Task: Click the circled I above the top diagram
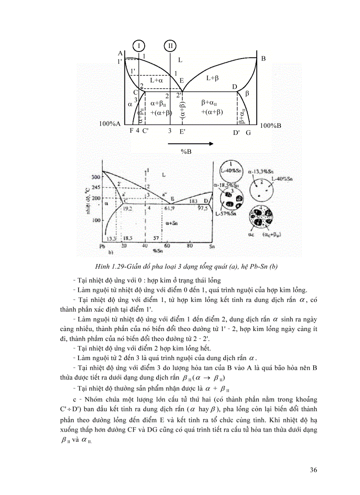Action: tap(139, 45)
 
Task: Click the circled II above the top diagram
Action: tap(170, 45)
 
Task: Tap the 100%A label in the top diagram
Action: tap(110, 124)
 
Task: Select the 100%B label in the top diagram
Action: tap(270, 126)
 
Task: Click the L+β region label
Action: tap(213, 78)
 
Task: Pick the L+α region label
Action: tap(157, 80)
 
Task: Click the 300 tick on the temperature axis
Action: tap(96, 177)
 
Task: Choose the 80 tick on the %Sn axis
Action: tap(190, 246)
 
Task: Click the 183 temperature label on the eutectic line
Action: tap(192, 201)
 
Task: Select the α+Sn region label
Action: tap(169, 224)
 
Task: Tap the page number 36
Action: tap(313, 470)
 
